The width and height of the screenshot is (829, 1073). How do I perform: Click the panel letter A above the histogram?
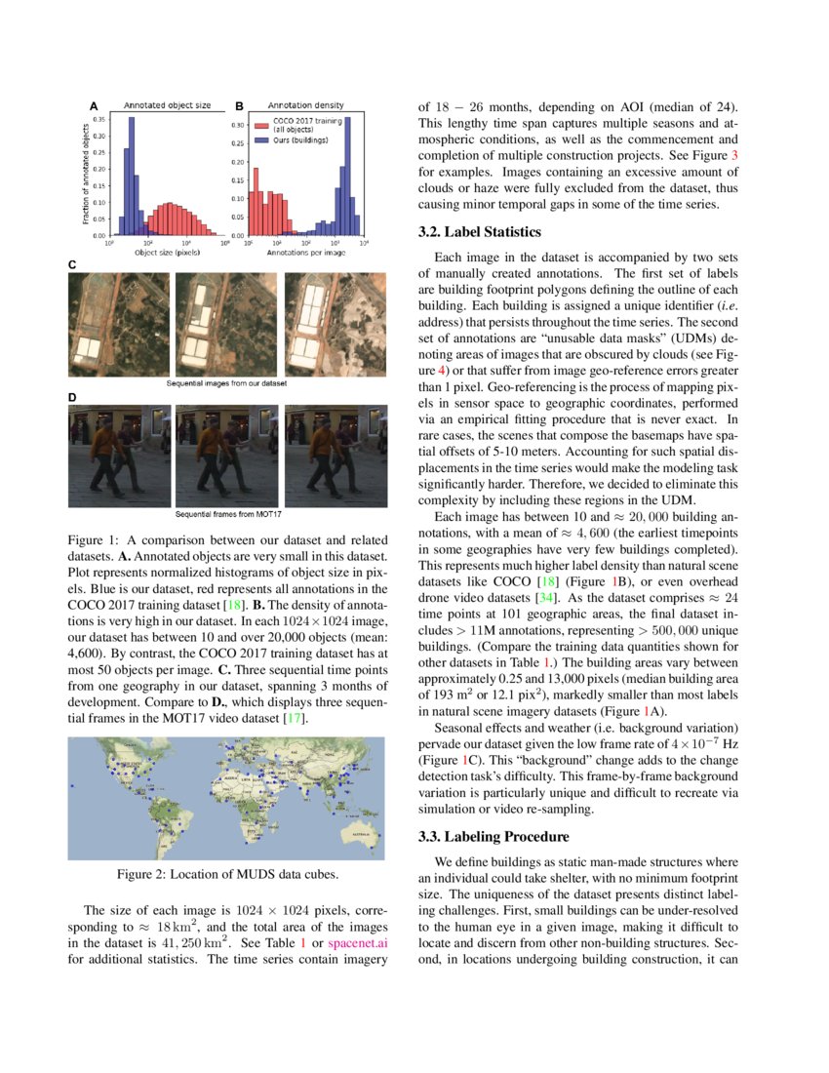(x=94, y=105)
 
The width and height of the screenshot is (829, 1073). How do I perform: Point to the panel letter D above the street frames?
(x=72, y=397)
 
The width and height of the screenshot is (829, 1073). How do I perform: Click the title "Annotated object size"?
(x=166, y=105)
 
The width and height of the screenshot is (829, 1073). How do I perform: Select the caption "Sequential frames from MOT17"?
(x=226, y=512)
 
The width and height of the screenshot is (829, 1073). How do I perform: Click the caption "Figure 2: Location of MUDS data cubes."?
(x=226, y=873)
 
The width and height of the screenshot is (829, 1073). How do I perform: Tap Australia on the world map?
(x=355, y=834)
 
